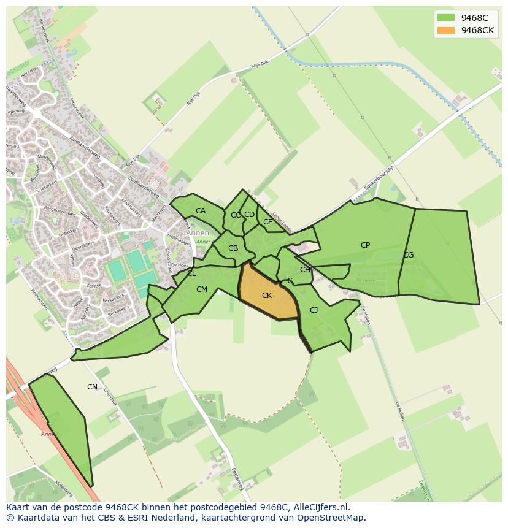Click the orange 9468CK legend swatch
446,30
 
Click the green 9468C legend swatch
446,17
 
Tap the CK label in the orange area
267,296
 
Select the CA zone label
201,211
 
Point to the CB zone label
233,248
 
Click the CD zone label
249,215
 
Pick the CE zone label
267,222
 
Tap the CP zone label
365,245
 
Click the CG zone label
408,255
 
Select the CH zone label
305,270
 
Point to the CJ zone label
314,310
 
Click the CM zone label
202,289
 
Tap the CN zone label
92,387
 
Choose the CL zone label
192,274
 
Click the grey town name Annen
198,233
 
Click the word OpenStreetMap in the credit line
332,518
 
